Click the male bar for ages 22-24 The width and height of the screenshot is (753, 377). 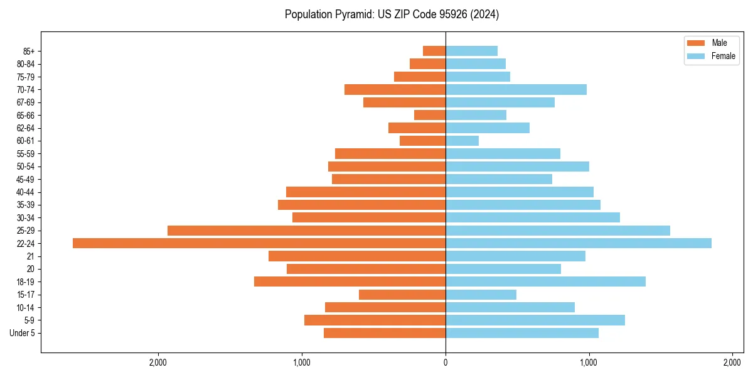259,243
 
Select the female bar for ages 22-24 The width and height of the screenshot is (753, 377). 578,243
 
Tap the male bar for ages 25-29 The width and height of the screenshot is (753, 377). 306,231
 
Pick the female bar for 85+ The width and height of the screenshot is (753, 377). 471,51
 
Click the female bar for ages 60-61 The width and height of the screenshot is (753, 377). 462,141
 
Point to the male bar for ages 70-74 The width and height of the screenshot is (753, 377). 395,89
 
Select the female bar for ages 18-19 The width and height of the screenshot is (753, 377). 545,281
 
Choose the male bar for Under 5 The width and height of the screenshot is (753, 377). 384,333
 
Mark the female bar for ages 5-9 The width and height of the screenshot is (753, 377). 535,320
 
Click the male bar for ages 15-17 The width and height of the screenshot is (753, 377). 402,295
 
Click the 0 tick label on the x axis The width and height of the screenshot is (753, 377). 446,363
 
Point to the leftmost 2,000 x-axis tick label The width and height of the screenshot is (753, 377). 158,363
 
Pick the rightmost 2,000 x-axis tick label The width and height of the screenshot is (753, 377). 732,363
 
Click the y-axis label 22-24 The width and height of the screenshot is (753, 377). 25,243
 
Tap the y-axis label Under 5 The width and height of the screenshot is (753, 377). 22,333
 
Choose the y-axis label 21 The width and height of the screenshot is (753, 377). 29,256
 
